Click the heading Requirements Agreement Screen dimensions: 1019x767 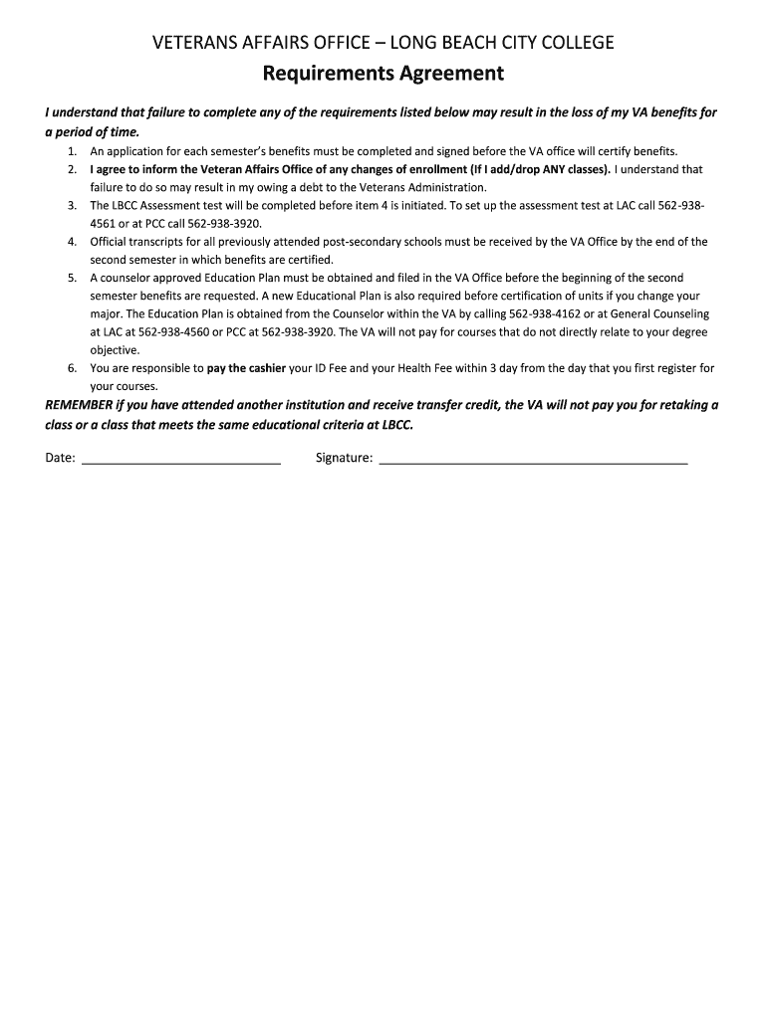point(383,74)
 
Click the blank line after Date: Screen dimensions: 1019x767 point(180,458)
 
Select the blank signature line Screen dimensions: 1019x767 point(534,458)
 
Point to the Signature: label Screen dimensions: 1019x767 point(344,458)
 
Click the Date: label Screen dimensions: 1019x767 point(61,458)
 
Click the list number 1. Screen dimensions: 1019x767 point(73,151)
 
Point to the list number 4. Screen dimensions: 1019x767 point(73,242)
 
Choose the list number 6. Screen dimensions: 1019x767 point(73,368)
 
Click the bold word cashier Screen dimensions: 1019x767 point(264,368)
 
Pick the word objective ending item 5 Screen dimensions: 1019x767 point(114,350)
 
